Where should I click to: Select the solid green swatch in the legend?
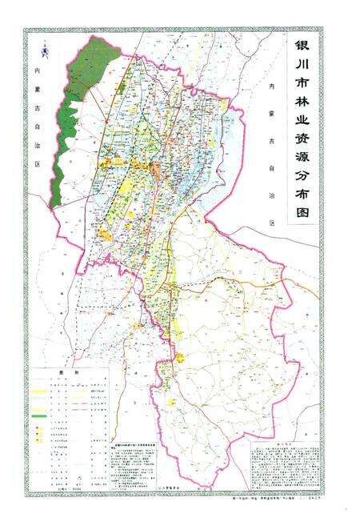pyautogui.click(x=39, y=417)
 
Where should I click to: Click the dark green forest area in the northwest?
pyautogui.click(x=80, y=104)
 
